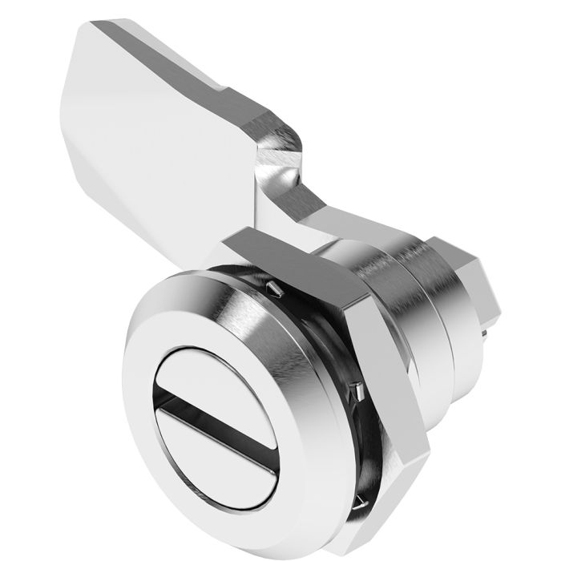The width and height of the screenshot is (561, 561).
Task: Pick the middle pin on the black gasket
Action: (359, 389)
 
